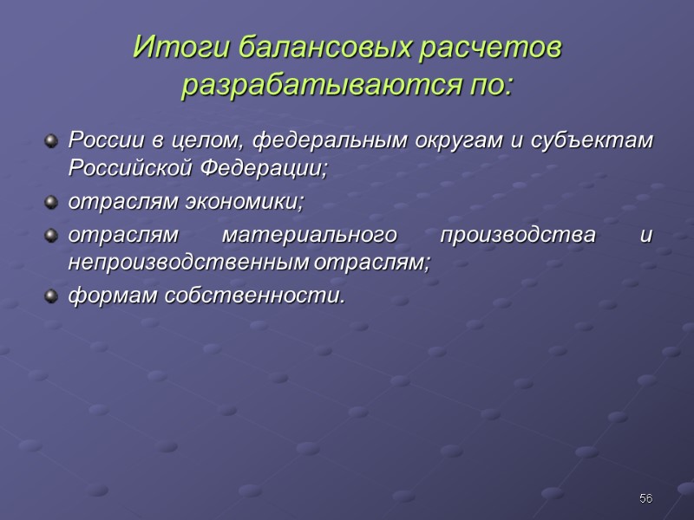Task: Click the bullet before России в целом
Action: click(53, 140)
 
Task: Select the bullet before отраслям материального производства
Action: click(53, 237)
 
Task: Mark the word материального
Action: click(304, 237)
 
